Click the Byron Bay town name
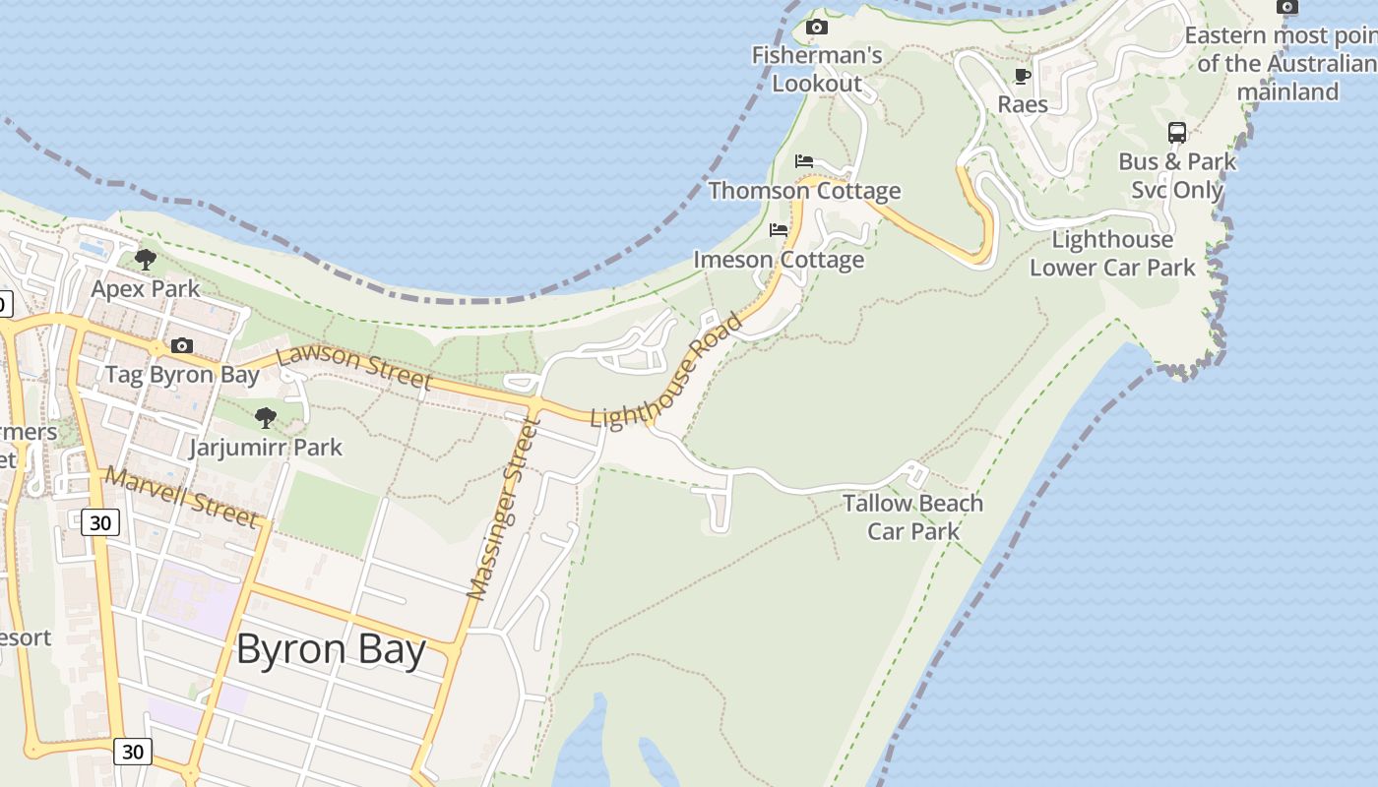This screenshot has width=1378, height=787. click(x=331, y=650)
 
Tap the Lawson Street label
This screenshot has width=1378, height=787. click(x=354, y=368)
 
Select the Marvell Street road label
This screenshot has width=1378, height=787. click(x=182, y=497)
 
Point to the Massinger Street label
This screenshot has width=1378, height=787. click(x=504, y=509)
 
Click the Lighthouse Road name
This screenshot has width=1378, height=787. click(x=665, y=371)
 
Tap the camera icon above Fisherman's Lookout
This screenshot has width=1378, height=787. click(x=817, y=28)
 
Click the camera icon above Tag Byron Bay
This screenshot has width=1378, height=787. click(x=182, y=346)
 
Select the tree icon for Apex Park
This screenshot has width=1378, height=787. click(x=146, y=261)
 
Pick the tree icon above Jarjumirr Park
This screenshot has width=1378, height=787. click(x=266, y=418)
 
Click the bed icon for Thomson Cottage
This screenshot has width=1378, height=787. click(x=804, y=161)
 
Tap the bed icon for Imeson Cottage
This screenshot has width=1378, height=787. click(x=779, y=230)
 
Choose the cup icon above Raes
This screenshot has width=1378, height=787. click(x=1023, y=76)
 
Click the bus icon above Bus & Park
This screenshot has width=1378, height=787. click(x=1177, y=133)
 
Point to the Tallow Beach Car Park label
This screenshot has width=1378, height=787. click(x=912, y=517)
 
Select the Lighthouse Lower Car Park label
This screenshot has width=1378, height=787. click(x=1112, y=253)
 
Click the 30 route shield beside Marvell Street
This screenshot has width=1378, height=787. click(x=100, y=522)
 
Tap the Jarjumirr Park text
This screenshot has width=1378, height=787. click(x=266, y=448)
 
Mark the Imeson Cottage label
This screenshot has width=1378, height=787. click(x=779, y=260)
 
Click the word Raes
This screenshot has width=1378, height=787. click(x=1023, y=104)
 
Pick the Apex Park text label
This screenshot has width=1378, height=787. click(x=146, y=289)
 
